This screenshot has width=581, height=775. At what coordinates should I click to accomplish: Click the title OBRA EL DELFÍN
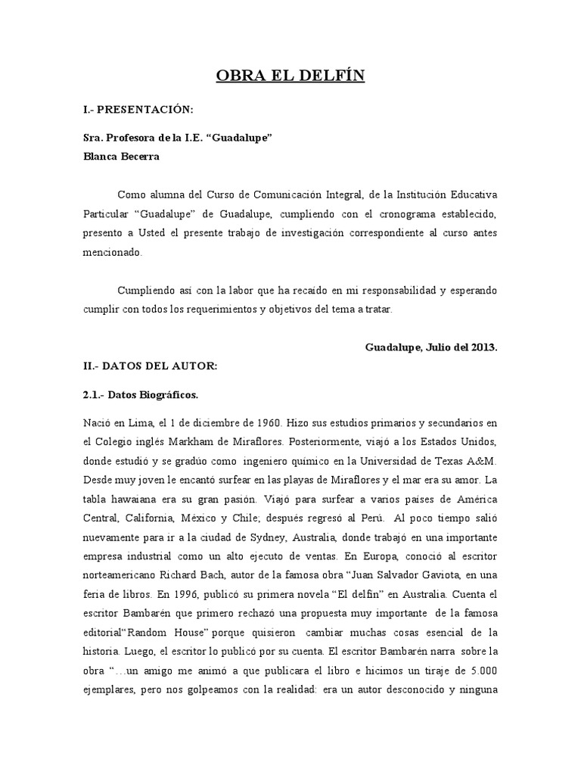pyautogui.click(x=290, y=76)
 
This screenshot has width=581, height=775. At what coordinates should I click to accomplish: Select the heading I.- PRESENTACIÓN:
pyautogui.click(x=138, y=110)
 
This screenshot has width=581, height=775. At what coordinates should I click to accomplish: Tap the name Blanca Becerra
pyautogui.click(x=121, y=157)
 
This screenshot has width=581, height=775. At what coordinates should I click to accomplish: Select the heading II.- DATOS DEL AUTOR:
pyautogui.click(x=150, y=366)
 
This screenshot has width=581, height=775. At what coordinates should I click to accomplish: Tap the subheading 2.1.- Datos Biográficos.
pyautogui.click(x=141, y=395)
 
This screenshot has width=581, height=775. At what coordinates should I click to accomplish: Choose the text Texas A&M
pyautogui.click(x=470, y=461)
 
